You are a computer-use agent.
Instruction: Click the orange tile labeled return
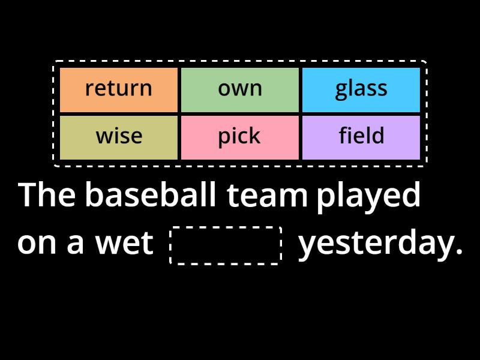point(119,89)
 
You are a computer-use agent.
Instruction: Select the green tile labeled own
point(240,89)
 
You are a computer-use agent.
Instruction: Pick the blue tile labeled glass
point(361,89)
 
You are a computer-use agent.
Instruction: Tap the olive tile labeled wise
point(119,137)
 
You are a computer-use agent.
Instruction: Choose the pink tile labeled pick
point(240,137)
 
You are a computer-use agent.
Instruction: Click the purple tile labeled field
point(361,137)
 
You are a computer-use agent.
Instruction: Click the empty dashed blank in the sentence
point(226,245)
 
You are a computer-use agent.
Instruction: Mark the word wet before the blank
point(124,244)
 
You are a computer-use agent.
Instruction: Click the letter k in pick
point(255,136)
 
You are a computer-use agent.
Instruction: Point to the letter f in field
point(343,136)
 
